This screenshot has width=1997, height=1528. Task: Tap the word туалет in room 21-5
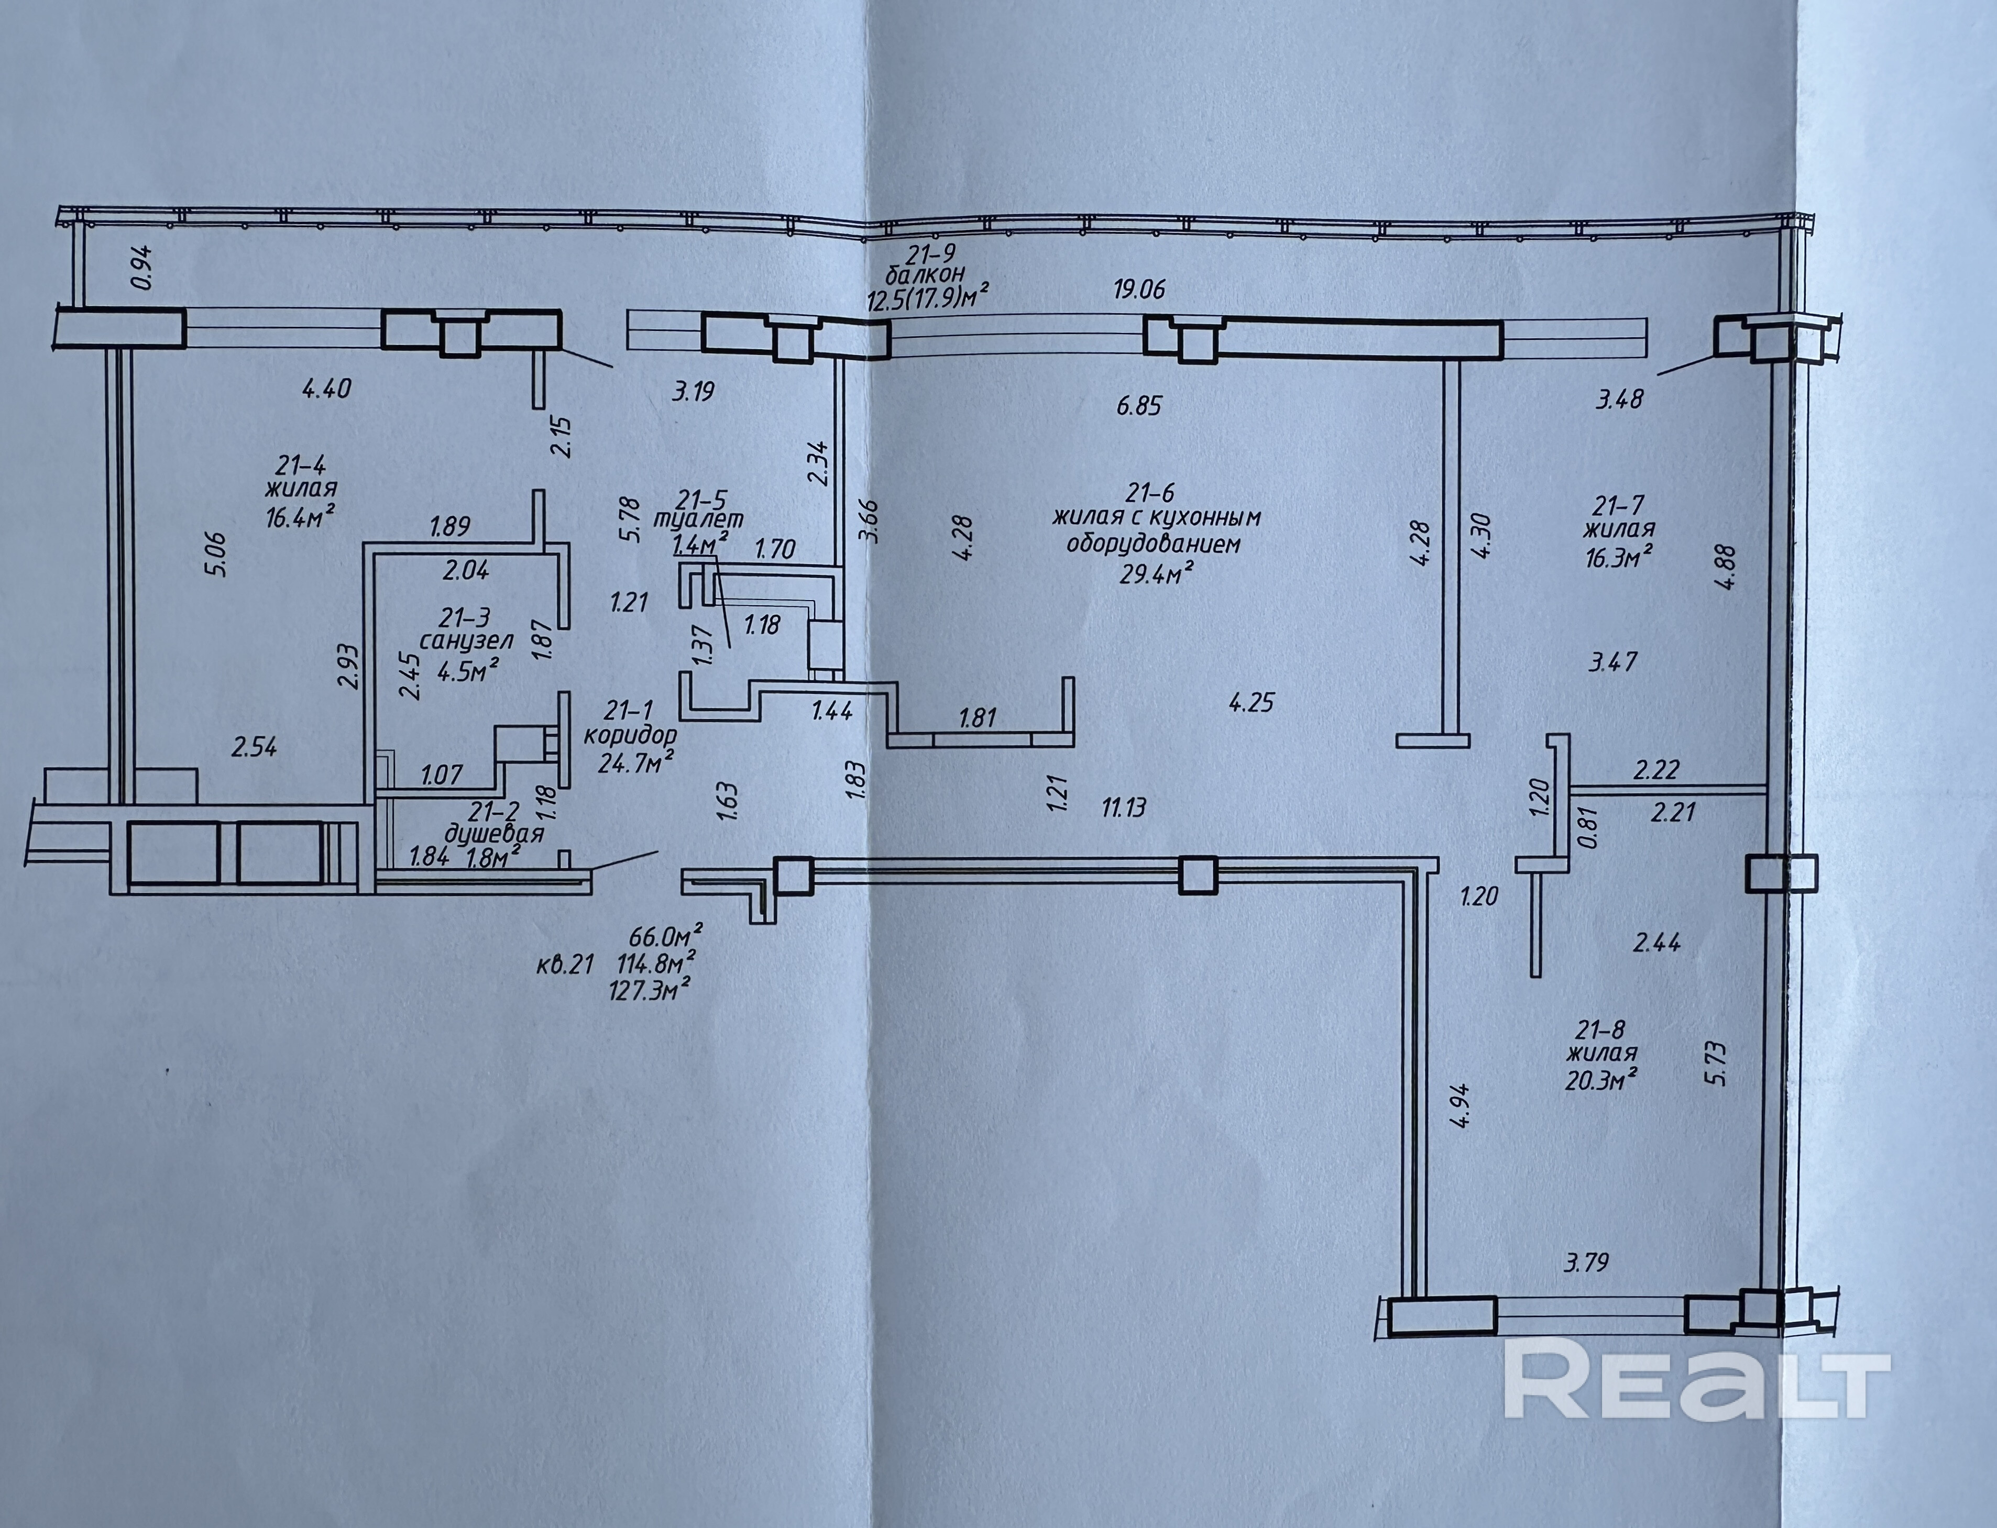click(x=699, y=519)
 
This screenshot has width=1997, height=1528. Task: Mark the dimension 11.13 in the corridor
click(x=1124, y=807)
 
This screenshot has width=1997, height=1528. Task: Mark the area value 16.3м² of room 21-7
click(x=1618, y=557)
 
